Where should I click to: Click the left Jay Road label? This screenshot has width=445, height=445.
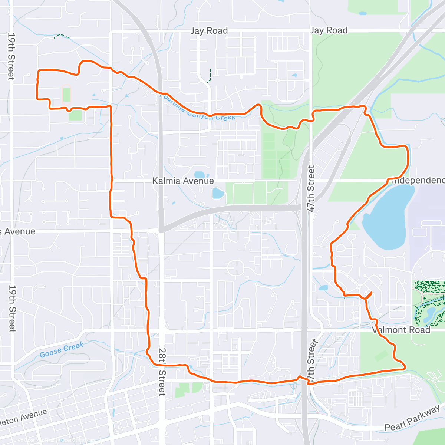click(x=209, y=31)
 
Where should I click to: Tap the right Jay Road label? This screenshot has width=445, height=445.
click(x=329, y=30)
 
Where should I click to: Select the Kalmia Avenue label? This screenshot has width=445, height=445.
click(x=183, y=181)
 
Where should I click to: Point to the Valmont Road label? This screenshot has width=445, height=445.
click(x=401, y=330)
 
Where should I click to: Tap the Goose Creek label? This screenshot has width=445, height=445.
click(x=62, y=349)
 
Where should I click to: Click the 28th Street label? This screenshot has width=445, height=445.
click(x=162, y=372)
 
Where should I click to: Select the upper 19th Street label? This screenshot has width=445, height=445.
click(x=11, y=56)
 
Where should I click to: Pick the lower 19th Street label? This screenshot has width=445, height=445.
click(x=12, y=308)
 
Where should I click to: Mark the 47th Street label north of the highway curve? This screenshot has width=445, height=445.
click(x=311, y=188)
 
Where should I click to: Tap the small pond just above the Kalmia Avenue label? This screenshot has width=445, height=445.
click(x=200, y=175)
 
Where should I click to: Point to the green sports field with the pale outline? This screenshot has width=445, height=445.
click(x=66, y=93)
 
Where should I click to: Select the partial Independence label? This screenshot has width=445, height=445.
click(x=418, y=181)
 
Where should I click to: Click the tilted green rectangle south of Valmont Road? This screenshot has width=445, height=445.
click(x=381, y=356)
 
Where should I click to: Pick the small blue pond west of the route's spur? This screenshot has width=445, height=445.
click(x=323, y=287)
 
